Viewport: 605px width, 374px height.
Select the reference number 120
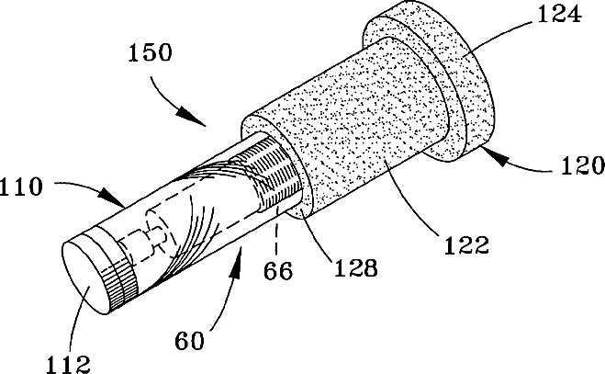tap(577, 167)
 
